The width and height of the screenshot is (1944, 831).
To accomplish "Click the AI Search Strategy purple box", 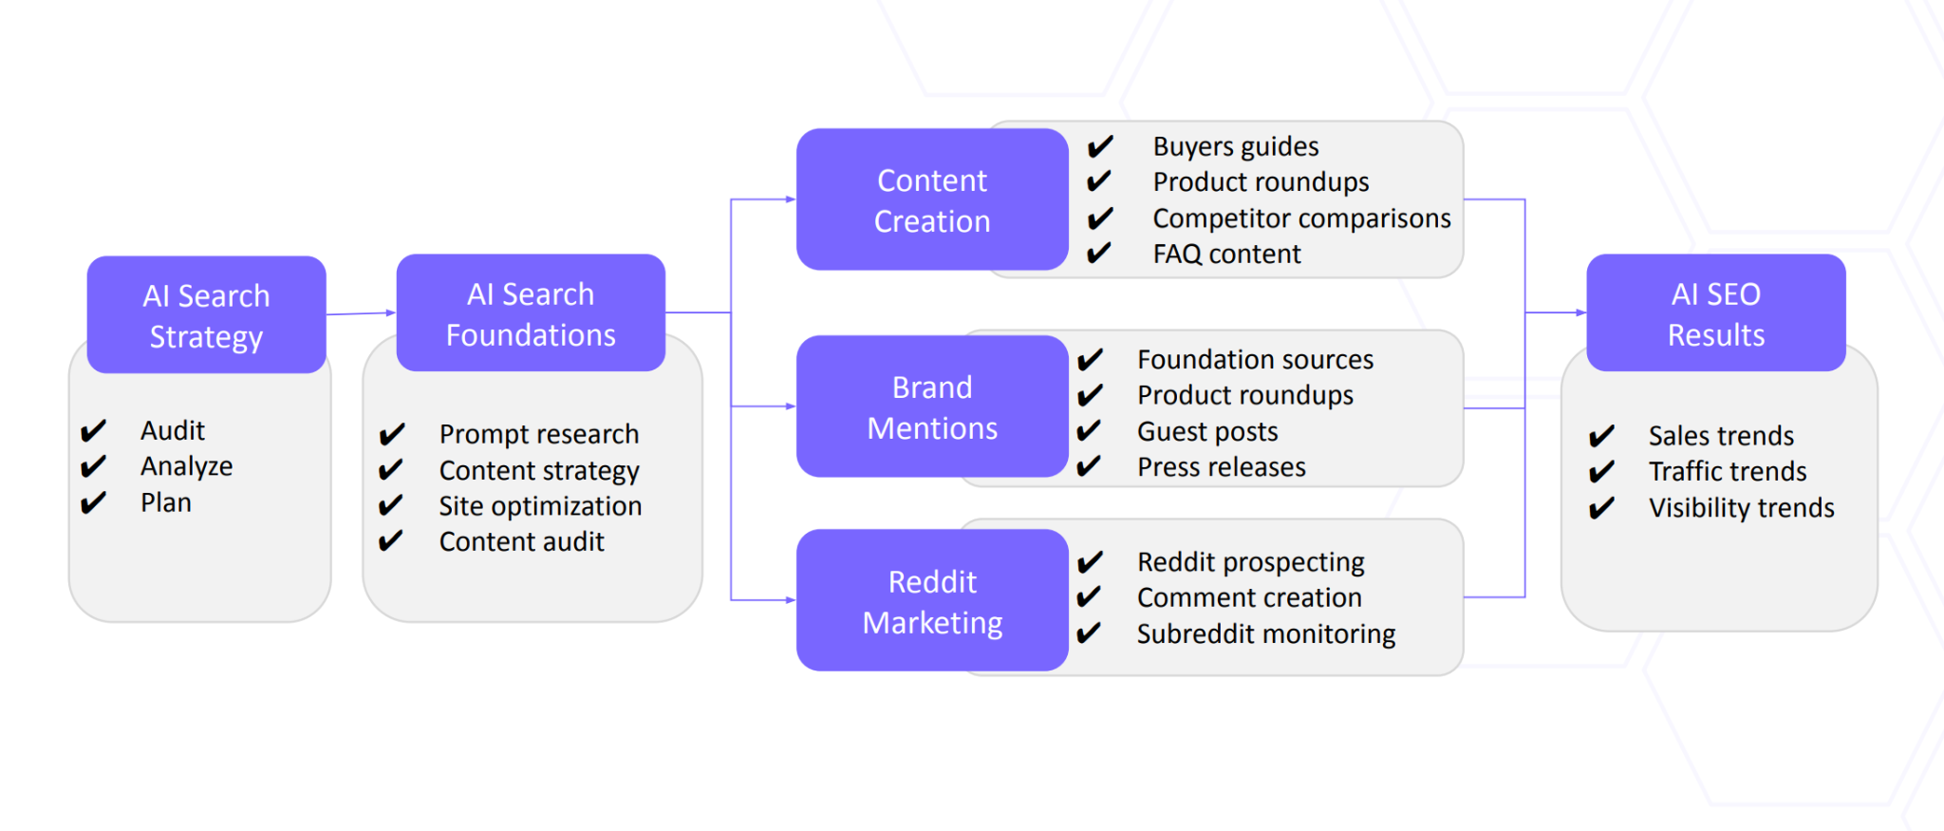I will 206,314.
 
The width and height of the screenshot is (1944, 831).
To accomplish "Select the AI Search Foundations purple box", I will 531,312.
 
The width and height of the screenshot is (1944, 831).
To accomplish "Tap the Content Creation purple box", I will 932,199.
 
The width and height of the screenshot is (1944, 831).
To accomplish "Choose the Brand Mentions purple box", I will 932,406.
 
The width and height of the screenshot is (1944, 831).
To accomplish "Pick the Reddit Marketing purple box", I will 932,600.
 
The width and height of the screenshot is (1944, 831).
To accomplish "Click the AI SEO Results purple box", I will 1715,312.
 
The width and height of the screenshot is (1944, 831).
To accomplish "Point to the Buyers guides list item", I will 1235,146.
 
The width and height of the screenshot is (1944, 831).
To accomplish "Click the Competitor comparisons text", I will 1301,218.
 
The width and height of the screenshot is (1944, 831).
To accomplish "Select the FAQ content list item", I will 1226,255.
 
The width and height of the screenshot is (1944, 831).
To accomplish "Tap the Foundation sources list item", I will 1255,360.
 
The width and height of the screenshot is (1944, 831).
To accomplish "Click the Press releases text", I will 1221,467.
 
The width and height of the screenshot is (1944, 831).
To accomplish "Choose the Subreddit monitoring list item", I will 1265,633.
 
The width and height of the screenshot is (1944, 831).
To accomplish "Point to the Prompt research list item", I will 538,434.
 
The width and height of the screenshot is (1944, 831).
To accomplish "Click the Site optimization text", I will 539,506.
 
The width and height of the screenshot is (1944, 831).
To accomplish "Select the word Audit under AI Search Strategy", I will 172,430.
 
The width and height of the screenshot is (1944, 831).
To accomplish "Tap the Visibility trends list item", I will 1741,508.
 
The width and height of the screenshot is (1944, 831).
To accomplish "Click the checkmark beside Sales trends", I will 1601,436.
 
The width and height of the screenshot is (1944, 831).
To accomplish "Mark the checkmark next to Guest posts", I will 1090,431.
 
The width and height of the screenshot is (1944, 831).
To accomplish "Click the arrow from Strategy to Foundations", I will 361,312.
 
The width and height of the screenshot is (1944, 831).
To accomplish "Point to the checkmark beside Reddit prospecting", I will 1090,562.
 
